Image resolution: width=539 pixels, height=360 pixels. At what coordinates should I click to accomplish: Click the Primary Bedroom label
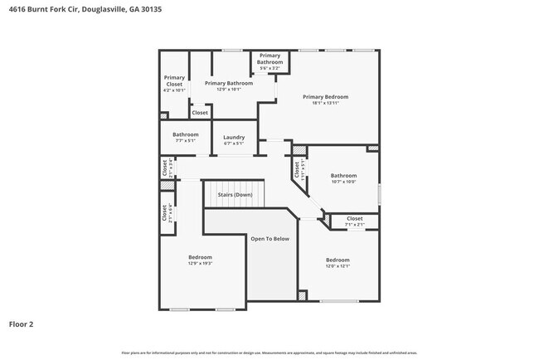(x=324, y=97)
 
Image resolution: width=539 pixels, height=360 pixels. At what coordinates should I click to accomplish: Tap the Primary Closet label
(x=174, y=80)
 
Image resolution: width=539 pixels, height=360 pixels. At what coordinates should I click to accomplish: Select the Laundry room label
(x=234, y=137)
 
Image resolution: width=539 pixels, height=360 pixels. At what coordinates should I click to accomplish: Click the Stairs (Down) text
(x=235, y=195)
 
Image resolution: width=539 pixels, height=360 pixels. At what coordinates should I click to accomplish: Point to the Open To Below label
(x=269, y=239)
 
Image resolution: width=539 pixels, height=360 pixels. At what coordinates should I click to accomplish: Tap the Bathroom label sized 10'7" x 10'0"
(x=343, y=175)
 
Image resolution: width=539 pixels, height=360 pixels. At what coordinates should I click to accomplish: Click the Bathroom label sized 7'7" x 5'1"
(x=185, y=134)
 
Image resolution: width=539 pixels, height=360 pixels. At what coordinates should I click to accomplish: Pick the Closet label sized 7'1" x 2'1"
(x=354, y=219)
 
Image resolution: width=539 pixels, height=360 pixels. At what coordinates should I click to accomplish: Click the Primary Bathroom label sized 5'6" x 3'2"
(x=269, y=59)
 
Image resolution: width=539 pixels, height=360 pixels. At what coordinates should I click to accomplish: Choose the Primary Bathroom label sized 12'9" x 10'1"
(x=228, y=84)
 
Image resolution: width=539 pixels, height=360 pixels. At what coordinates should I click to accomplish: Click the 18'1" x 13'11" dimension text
(x=324, y=104)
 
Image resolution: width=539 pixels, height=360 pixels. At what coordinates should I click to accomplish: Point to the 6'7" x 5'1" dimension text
(x=234, y=143)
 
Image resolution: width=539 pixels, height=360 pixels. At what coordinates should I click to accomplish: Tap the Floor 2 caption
(x=21, y=324)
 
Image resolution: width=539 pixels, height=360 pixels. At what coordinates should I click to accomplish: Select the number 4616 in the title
(x=17, y=7)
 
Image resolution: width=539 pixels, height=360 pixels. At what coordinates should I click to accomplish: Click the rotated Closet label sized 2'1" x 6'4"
(x=165, y=213)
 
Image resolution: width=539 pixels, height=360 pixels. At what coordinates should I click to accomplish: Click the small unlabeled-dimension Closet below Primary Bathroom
(x=200, y=113)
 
